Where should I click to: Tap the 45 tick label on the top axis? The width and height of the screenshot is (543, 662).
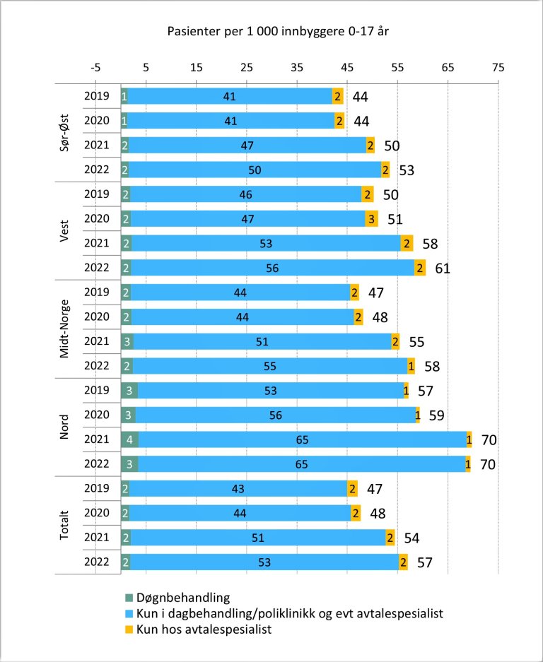coord(347,68)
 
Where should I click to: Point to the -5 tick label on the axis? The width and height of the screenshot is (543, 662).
coord(95,68)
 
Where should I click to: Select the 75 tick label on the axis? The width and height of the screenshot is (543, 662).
coord(498,68)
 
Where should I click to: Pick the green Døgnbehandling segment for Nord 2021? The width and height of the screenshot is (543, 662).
coord(129,439)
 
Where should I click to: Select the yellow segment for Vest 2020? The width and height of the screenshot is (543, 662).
coord(371,219)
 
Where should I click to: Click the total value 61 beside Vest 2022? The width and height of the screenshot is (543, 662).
coord(443,268)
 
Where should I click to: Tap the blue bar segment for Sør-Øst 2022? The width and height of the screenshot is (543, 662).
coord(255,170)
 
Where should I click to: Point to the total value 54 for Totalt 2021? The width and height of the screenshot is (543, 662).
coord(413,538)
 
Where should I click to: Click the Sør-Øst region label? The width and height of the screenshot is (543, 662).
coord(64,133)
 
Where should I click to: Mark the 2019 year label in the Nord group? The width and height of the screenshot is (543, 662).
coord(96,391)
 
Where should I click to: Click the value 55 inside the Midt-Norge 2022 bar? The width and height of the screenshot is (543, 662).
coord(270,366)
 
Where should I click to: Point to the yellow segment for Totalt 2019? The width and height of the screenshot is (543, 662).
coord(352,489)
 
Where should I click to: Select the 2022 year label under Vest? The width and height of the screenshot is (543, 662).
coord(96,268)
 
